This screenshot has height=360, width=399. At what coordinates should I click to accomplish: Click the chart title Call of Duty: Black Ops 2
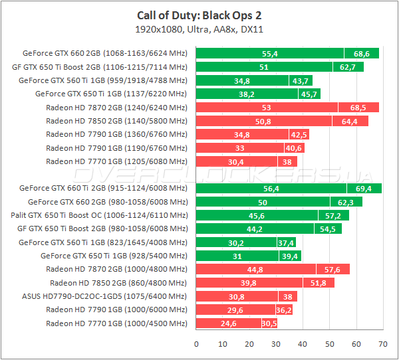(x=199, y=15)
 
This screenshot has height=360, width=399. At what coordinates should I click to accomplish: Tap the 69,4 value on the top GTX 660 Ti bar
(x=364, y=189)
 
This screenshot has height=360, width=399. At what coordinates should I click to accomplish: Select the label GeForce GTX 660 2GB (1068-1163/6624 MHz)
(x=105, y=54)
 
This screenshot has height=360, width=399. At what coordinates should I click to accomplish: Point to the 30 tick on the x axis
(x=276, y=344)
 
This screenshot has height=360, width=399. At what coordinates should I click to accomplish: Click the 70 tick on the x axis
(x=382, y=344)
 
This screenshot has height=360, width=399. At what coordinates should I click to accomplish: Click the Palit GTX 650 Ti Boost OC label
(x=100, y=215)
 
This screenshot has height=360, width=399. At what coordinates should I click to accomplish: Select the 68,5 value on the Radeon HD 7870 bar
(x=358, y=108)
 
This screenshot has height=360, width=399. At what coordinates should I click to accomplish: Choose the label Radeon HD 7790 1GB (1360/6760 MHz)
(x=117, y=134)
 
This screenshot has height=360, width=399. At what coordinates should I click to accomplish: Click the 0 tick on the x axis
(x=196, y=344)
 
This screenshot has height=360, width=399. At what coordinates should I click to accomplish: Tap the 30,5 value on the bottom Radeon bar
(x=269, y=323)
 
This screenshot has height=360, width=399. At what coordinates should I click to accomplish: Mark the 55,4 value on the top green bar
(x=270, y=54)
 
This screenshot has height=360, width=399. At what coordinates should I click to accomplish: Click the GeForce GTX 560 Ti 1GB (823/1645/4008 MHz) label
(x=103, y=242)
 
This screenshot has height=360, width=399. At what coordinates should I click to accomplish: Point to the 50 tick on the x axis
(x=329, y=344)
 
